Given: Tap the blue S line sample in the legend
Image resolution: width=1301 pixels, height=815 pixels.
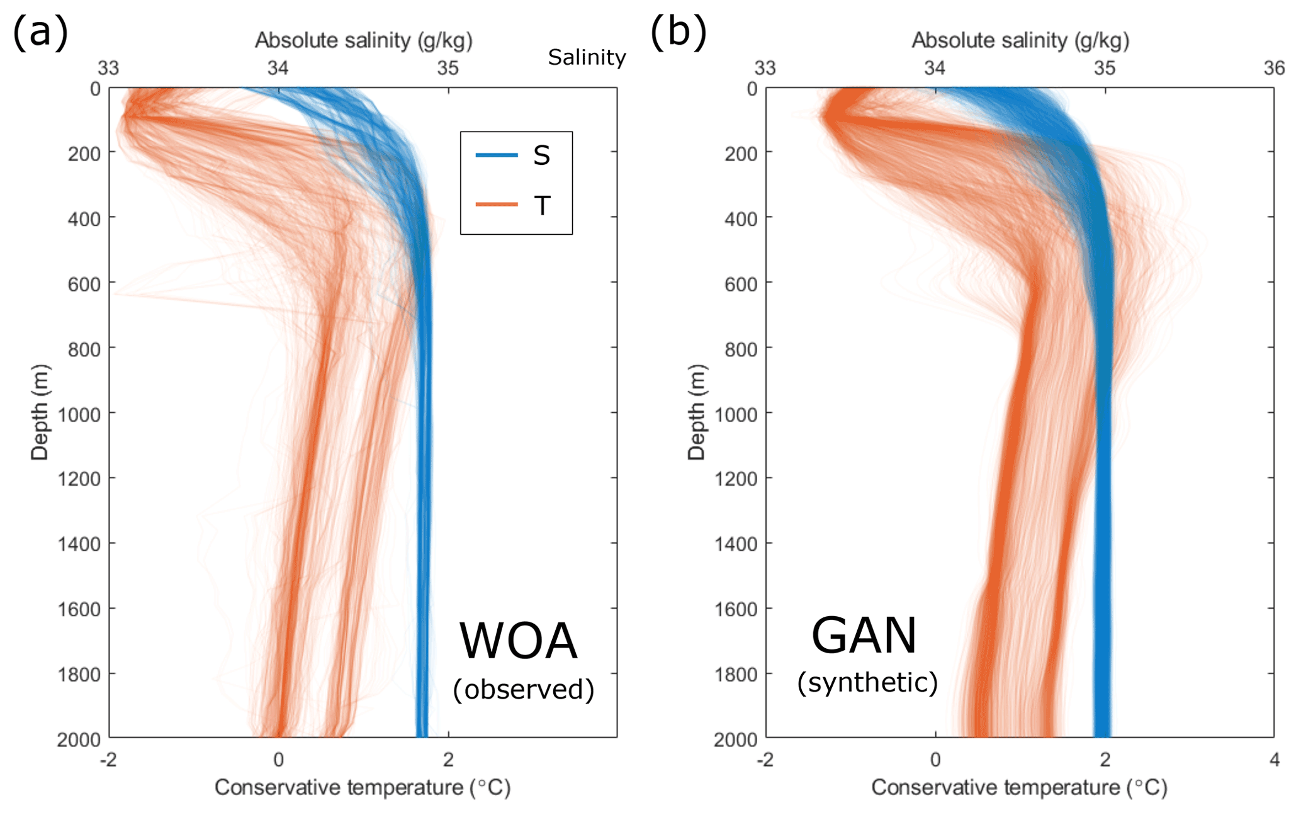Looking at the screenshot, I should (497, 155).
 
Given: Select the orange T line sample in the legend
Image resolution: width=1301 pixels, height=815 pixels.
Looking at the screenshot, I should (497, 205).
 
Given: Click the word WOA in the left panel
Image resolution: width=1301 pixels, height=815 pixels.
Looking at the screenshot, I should (518, 641).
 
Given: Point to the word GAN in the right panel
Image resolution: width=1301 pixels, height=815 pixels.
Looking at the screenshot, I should (864, 636).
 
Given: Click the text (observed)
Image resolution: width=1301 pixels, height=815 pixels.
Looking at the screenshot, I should (523, 689).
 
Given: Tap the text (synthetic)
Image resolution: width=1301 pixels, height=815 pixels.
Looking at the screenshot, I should (867, 682).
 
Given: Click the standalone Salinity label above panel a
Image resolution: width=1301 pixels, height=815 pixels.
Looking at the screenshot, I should (587, 57).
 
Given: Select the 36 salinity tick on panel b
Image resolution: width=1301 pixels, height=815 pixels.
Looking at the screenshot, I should (1274, 68).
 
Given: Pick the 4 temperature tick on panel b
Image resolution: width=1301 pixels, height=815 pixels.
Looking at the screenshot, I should (1274, 760).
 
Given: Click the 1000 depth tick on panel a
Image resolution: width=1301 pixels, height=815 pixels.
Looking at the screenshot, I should (79, 415).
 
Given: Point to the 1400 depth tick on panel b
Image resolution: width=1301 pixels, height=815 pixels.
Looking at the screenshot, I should (736, 544).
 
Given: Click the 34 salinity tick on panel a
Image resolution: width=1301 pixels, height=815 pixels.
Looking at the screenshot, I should (278, 68).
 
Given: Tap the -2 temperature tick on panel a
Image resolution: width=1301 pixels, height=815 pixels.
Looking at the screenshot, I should (108, 760).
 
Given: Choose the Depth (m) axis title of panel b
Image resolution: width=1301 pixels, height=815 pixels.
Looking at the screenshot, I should (696, 412).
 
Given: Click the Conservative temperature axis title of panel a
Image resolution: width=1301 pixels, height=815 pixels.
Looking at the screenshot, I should (362, 787).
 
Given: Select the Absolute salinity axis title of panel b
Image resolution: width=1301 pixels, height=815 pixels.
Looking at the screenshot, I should (1020, 40).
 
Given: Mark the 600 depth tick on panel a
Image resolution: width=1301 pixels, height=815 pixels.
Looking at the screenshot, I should (84, 284).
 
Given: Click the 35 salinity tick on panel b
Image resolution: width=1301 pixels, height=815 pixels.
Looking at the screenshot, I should (1105, 68).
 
